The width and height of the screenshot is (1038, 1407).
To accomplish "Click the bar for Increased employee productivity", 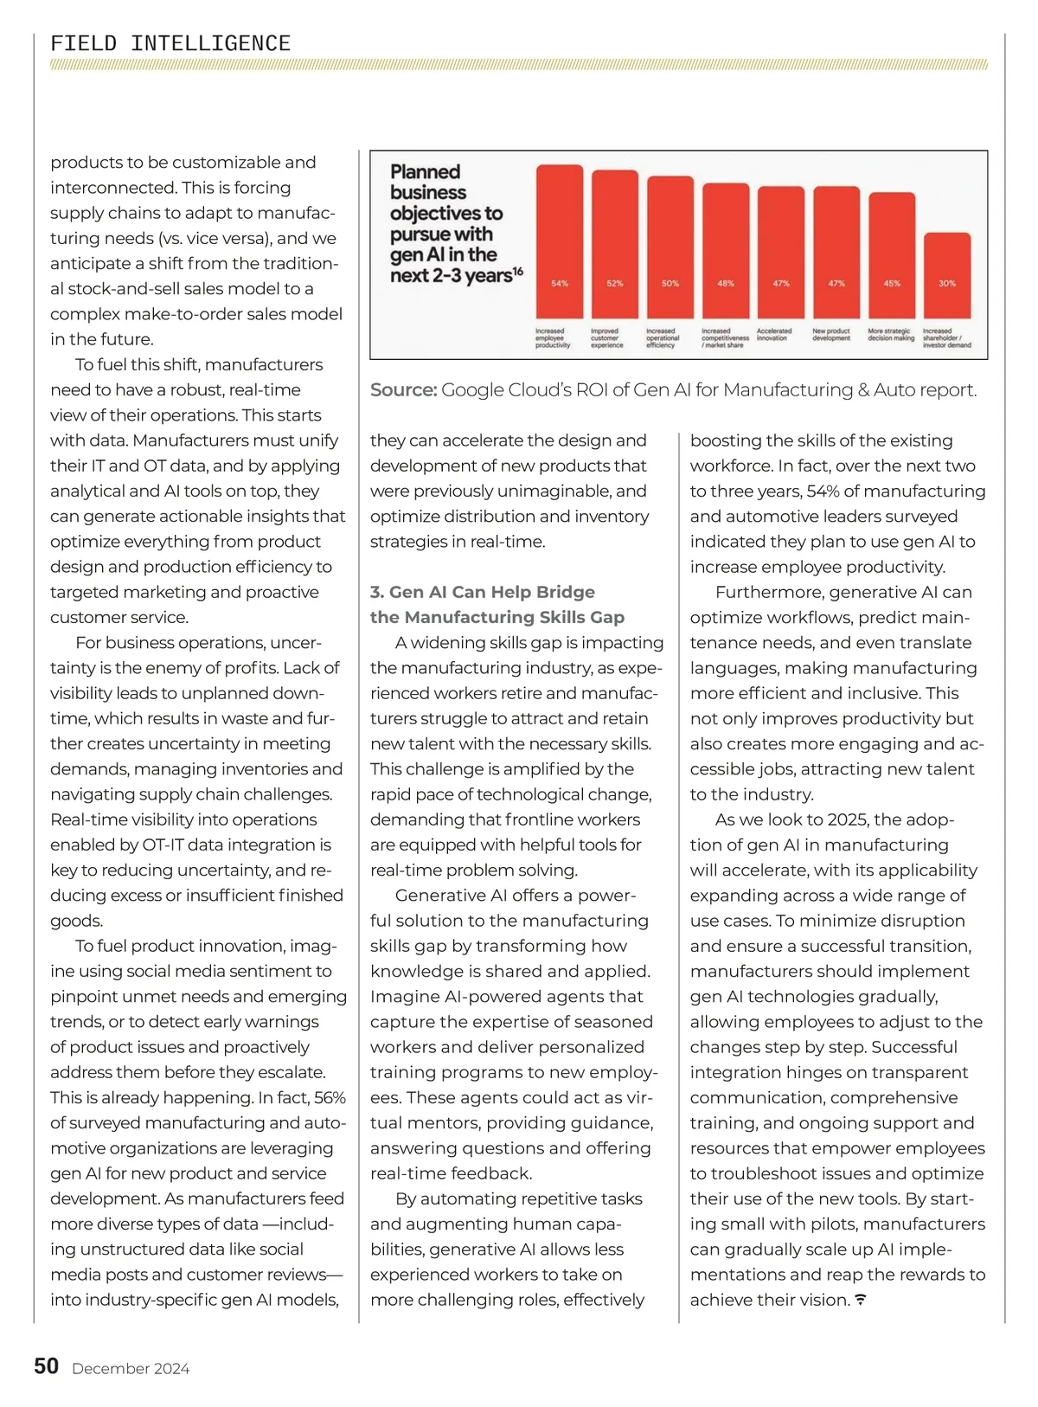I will point(560,241).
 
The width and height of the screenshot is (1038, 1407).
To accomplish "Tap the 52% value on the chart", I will point(615,284).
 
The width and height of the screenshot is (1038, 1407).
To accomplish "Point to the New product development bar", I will point(836,252).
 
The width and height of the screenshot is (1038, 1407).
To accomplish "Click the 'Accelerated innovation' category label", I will point(774,335).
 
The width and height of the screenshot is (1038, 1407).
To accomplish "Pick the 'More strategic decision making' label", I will point(891,335).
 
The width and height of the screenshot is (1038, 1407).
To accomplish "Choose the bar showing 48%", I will point(726,251).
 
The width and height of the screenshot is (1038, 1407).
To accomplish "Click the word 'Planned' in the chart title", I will point(425,172).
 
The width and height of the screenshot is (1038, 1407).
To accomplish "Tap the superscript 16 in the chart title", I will point(518,272).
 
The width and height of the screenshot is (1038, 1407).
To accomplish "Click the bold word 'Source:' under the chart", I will point(403,390).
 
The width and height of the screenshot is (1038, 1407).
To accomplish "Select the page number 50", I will point(47,1366).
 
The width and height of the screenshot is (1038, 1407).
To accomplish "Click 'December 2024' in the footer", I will point(131,1369).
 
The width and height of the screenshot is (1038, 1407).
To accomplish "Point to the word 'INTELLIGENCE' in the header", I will point(210,43).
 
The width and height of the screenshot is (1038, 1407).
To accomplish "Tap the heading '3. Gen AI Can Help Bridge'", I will point(483,592).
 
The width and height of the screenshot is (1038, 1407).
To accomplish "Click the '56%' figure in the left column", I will point(330,1098).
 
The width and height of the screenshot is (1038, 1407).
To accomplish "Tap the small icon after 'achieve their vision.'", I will point(861,1300).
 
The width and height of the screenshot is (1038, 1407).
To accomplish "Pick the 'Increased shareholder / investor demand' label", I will point(947,338).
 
